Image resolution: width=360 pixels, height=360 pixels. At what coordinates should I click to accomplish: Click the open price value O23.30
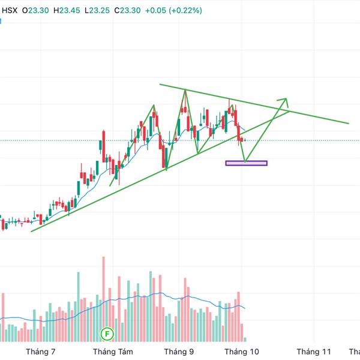(37, 10)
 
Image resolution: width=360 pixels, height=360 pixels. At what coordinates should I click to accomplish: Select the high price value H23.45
(69, 10)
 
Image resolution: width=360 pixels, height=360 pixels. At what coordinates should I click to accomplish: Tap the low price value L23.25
(100, 10)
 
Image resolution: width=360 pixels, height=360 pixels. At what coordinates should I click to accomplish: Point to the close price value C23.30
(131, 10)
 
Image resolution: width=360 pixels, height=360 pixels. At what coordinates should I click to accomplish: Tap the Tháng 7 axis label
(41, 352)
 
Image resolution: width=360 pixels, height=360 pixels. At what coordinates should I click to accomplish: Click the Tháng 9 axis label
(179, 352)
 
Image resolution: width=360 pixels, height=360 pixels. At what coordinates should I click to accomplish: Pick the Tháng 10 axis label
(241, 352)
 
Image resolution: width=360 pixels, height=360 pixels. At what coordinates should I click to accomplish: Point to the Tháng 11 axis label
(314, 352)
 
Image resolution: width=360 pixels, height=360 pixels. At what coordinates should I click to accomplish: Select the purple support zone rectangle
(246, 163)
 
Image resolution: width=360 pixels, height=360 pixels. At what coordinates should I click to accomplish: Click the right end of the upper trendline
(348, 123)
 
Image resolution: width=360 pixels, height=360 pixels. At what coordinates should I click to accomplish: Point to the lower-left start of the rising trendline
(31, 230)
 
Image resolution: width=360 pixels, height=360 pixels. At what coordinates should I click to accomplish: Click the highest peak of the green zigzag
(185, 90)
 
